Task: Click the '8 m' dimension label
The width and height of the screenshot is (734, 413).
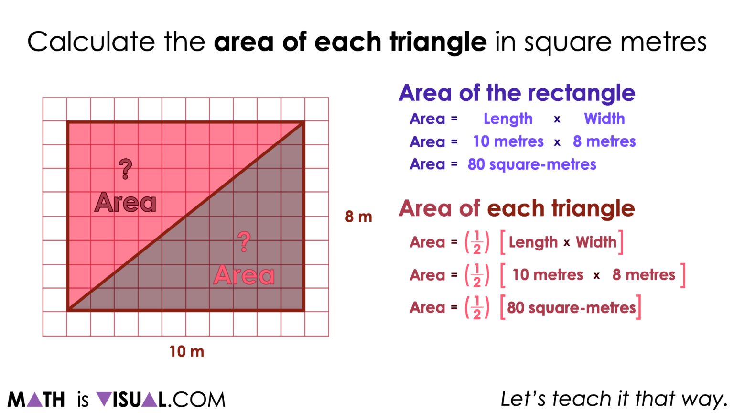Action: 358,217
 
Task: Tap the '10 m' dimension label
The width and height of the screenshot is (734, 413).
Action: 186,352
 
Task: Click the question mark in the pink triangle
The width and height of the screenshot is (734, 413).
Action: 125,169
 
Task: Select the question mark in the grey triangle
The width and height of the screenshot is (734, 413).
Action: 244,242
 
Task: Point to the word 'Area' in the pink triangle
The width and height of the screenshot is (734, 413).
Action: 125,203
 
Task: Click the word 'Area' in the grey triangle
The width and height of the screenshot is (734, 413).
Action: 244,275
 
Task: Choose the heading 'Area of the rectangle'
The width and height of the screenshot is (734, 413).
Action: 517,93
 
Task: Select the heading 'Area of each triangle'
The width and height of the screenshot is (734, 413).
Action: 517,208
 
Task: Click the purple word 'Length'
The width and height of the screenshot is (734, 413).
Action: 507,119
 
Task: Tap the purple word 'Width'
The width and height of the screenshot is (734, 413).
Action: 604,119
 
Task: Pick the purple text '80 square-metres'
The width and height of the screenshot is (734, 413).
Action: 531,164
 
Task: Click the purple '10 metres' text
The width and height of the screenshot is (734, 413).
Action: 508,141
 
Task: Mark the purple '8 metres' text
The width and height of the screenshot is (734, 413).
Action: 604,141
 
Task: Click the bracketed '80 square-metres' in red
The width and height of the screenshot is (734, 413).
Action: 571,308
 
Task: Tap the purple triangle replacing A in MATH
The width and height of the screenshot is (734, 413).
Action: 34,400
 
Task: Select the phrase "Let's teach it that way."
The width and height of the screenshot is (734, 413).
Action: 614,399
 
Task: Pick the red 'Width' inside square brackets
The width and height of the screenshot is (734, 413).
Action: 596,242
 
